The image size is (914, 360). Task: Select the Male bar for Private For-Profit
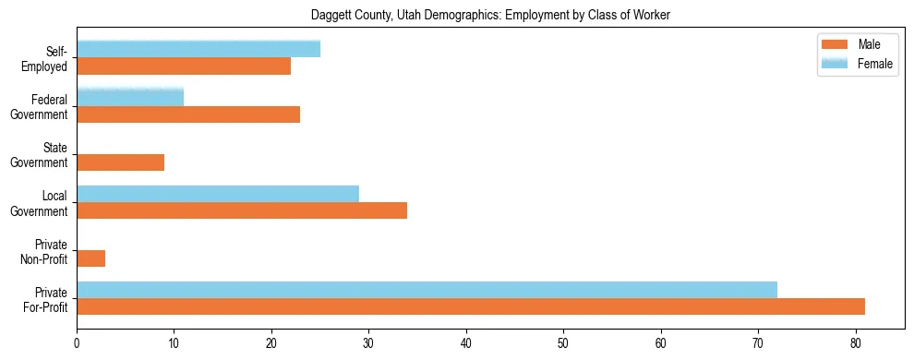[471, 306]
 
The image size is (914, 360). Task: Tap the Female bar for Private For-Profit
[427, 290]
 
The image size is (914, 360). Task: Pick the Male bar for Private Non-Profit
[90, 258]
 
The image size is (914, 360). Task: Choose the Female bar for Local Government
[218, 194]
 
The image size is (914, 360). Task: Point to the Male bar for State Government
[120, 162]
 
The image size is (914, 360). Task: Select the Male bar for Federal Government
[188, 114]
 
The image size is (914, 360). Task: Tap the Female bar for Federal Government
[130, 97]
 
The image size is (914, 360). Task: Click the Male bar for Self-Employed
[184, 66]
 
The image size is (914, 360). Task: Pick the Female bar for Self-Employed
[198, 49]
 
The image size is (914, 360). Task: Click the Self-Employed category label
[49, 58]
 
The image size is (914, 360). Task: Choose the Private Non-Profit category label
[47, 251]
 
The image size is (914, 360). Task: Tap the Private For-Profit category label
[47, 299]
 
